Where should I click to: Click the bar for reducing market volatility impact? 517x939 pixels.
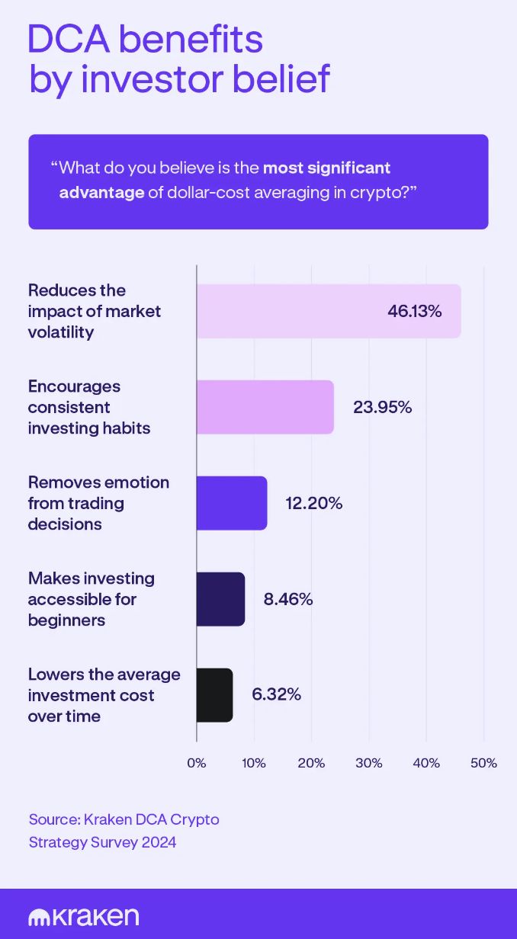click(x=329, y=311)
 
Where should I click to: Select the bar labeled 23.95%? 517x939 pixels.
click(x=265, y=407)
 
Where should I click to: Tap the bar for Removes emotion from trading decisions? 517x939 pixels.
click(x=232, y=503)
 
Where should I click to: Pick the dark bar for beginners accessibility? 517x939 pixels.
click(x=220, y=599)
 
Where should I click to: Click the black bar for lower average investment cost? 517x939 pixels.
click(x=214, y=695)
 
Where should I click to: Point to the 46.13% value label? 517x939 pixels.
click(x=414, y=311)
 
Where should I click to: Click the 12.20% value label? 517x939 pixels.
click(x=313, y=503)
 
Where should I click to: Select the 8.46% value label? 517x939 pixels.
click(x=288, y=599)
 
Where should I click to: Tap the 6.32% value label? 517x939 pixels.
click(x=276, y=695)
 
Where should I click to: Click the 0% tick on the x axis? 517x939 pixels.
click(x=197, y=763)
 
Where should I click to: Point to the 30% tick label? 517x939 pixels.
click(x=369, y=763)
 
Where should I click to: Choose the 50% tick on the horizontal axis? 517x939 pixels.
click(x=483, y=763)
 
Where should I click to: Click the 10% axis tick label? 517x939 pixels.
click(x=254, y=763)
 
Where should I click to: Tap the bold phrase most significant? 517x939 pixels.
click(x=326, y=167)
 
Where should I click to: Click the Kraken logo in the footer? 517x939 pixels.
click(x=83, y=916)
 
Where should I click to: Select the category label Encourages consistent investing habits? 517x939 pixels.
click(x=89, y=407)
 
